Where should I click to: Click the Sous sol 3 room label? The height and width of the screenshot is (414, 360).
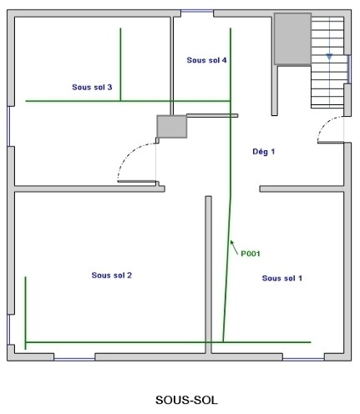[x=92, y=87]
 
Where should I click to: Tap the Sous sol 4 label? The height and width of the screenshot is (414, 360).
[x=206, y=60]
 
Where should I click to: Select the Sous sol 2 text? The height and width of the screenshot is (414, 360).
[x=111, y=275]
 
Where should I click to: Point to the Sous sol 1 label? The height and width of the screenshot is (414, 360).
[x=282, y=278]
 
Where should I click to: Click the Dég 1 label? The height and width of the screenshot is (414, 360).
[x=263, y=151]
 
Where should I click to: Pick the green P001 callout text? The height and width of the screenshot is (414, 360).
[x=251, y=254]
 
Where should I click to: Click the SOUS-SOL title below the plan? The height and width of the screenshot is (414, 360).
[x=186, y=400]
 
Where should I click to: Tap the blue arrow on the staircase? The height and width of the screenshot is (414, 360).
[x=329, y=57]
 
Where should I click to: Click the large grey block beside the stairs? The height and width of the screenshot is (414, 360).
[x=292, y=39]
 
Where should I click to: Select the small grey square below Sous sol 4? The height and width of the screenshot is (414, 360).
[x=172, y=127]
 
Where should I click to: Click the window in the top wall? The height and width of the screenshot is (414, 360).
[x=197, y=12]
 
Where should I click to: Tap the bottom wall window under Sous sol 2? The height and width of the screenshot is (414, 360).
[x=74, y=360]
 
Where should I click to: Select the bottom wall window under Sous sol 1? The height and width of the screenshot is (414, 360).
[x=303, y=360]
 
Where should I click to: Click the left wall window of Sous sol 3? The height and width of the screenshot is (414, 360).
[x=8, y=126]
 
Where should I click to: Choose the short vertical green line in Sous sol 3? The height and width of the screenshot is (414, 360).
[x=120, y=64]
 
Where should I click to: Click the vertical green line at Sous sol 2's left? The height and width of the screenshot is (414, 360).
[x=26, y=313]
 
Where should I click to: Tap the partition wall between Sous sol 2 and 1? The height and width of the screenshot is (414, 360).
[x=208, y=275]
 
